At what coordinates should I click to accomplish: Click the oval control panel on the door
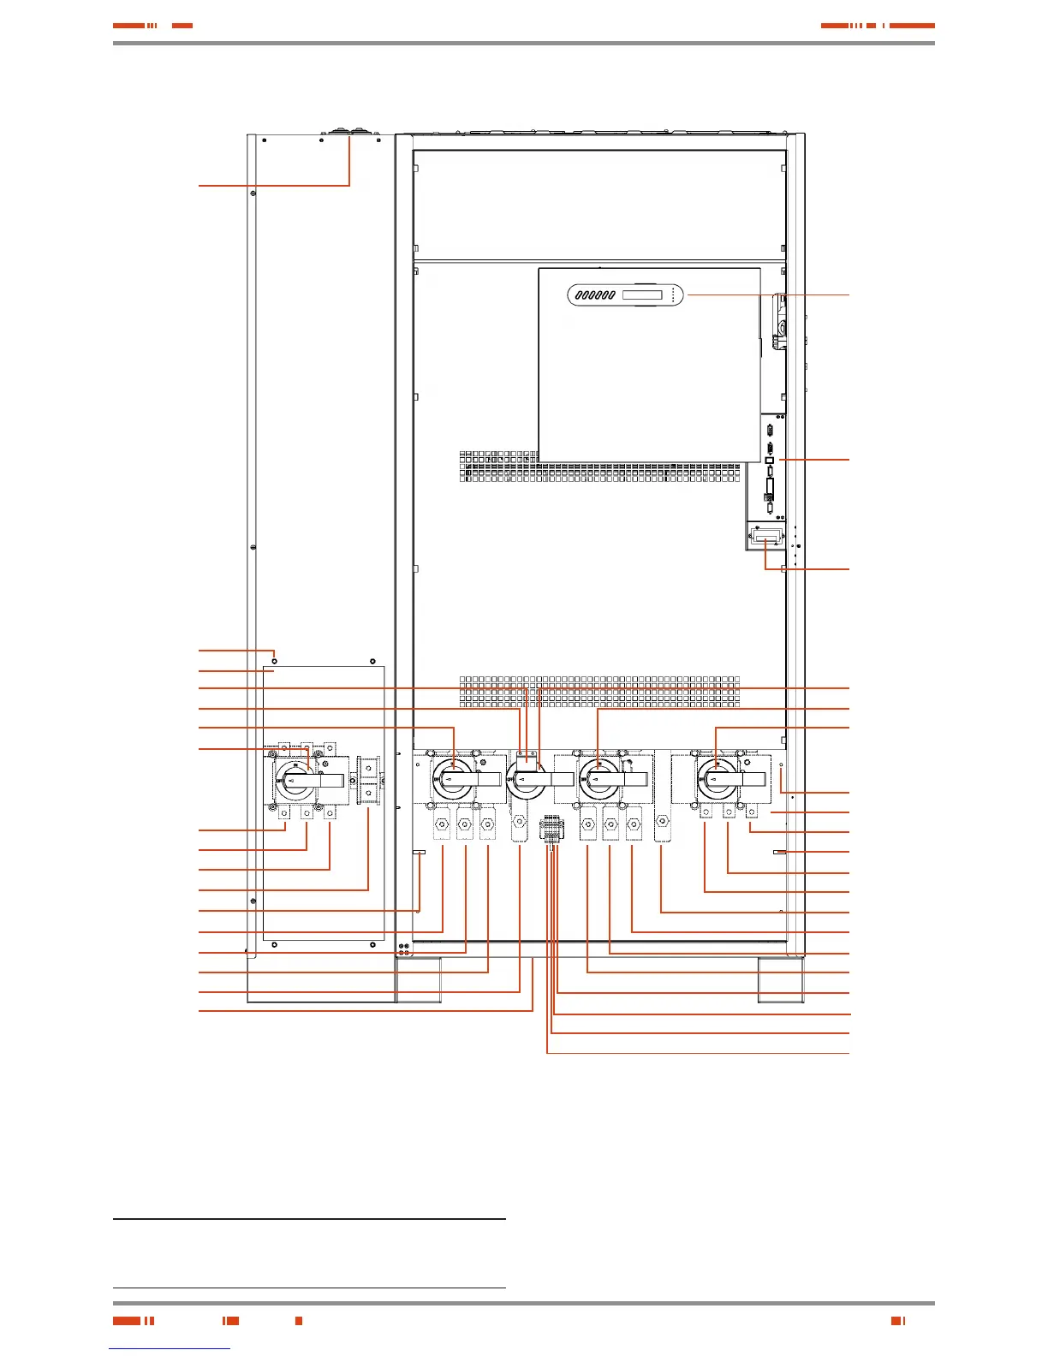click(625, 295)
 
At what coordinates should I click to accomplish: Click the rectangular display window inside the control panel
click(641, 295)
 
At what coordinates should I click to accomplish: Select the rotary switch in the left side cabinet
click(295, 780)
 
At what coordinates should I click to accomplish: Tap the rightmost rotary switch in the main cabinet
click(718, 779)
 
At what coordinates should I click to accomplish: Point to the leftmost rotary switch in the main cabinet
click(454, 779)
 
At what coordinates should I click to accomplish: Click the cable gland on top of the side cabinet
click(349, 134)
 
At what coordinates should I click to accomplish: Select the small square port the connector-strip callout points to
click(769, 461)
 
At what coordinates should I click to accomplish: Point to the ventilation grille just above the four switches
click(599, 692)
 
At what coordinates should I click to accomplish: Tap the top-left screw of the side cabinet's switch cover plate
click(274, 661)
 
